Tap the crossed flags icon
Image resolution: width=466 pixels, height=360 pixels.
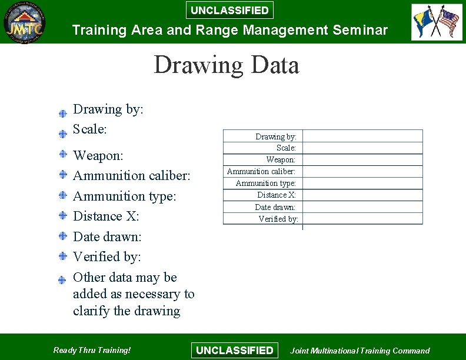[x=437, y=22]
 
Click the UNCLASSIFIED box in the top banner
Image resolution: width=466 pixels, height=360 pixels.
[x=229, y=10]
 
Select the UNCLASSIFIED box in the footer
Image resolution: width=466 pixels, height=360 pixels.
[x=234, y=350]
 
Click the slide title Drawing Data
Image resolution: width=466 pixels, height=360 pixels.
[x=227, y=65]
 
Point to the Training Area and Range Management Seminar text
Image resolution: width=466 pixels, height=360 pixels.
[x=229, y=29]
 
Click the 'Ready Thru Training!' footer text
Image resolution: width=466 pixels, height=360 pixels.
[x=92, y=350]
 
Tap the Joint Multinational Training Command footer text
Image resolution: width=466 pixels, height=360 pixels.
[x=360, y=351]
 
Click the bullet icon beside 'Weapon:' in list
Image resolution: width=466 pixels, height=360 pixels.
[x=62, y=155]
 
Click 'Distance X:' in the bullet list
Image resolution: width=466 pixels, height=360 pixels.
[x=106, y=216]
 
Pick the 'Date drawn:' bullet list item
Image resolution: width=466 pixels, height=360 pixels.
[x=107, y=236]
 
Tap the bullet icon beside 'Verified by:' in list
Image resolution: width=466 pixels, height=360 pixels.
[x=62, y=256]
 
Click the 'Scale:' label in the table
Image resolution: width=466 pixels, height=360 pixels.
[x=287, y=148]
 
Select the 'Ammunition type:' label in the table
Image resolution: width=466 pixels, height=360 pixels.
[x=266, y=183]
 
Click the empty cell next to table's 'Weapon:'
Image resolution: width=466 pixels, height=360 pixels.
[x=362, y=159]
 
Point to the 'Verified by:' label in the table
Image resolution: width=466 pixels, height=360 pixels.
[x=278, y=219]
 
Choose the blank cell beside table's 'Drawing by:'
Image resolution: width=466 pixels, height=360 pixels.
[x=362, y=136]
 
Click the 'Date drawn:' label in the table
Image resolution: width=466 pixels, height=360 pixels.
[x=275, y=207]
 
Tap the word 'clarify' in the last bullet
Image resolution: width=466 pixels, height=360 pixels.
[x=91, y=311]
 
